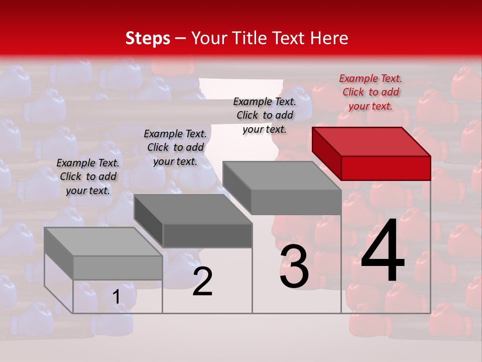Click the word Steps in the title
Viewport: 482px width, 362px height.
pos(148,38)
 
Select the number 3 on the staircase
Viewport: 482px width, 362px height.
pos(294,267)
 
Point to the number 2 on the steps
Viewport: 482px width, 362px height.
pos(202,282)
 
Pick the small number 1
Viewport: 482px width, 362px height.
pos(116,297)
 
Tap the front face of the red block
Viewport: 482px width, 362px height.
pos(386,168)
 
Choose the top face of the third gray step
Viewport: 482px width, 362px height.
pos(282,175)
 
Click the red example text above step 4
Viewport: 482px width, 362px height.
pos(371,92)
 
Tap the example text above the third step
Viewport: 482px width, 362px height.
pos(265,115)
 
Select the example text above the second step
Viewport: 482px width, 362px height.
pos(175,147)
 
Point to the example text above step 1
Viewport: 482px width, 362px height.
pos(88,176)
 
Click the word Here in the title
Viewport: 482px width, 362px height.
pos(329,38)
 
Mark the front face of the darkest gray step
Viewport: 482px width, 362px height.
pos(207,235)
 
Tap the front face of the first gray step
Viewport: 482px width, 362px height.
pos(117,267)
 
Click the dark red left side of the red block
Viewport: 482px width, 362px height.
pos(326,153)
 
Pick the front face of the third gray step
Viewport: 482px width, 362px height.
pos(296,202)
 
